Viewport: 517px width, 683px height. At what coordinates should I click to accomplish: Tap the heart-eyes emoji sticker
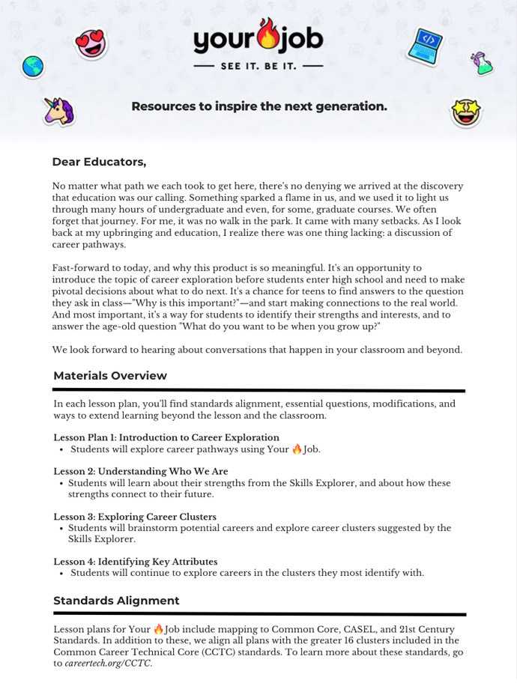(91, 44)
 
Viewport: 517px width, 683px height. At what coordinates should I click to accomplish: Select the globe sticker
(33, 67)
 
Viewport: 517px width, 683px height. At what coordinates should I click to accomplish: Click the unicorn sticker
(58, 111)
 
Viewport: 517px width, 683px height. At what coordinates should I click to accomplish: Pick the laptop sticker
(425, 46)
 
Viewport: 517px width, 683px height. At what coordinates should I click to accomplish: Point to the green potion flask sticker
(482, 63)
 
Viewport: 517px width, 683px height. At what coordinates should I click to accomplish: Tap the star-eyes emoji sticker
(466, 112)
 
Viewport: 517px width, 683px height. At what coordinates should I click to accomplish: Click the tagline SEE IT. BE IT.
(258, 67)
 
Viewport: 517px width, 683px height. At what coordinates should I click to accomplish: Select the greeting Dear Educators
(99, 162)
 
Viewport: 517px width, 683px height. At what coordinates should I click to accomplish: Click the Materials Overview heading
(110, 376)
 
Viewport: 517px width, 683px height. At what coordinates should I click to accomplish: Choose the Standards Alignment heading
(116, 601)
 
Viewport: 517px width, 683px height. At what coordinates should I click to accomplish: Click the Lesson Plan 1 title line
(166, 437)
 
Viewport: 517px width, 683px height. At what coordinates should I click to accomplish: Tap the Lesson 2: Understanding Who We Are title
(141, 472)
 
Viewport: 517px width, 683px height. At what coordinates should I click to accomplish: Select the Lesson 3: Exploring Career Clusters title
(135, 517)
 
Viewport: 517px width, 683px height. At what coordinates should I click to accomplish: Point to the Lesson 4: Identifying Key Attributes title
(136, 562)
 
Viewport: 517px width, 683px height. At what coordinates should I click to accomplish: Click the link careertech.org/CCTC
(108, 664)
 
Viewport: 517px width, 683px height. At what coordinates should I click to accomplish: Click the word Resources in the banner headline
(163, 106)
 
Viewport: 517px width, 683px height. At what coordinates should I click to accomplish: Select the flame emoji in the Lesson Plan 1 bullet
(297, 449)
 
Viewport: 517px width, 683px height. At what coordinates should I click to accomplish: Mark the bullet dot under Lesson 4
(61, 574)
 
